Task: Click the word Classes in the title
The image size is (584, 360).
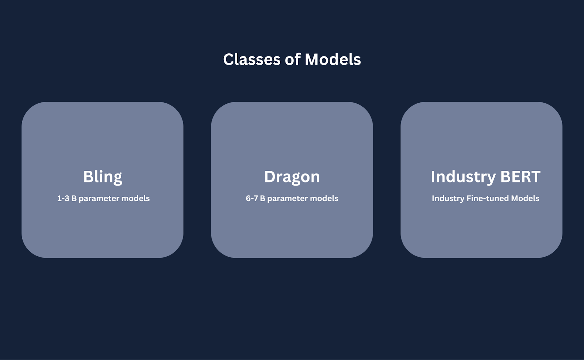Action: click(x=252, y=60)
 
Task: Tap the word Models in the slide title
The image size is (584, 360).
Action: click(x=333, y=60)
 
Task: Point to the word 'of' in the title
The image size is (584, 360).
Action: click(x=292, y=60)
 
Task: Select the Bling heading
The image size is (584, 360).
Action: click(x=103, y=177)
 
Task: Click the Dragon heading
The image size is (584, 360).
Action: click(x=292, y=177)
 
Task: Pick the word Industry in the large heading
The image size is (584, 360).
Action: click(x=463, y=177)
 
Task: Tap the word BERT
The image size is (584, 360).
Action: click(x=520, y=177)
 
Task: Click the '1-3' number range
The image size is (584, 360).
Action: click(x=63, y=199)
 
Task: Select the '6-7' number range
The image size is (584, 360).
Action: click(x=251, y=199)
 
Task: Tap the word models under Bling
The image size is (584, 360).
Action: click(x=135, y=199)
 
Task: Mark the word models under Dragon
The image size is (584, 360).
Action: click(x=324, y=199)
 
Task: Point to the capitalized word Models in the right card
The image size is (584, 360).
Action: click(x=525, y=199)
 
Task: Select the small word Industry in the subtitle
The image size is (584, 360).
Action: click(x=448, y=199)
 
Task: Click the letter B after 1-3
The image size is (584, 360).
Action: click(x=74, y=199)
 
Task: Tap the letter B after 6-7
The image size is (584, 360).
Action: click(x=262, y=199)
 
